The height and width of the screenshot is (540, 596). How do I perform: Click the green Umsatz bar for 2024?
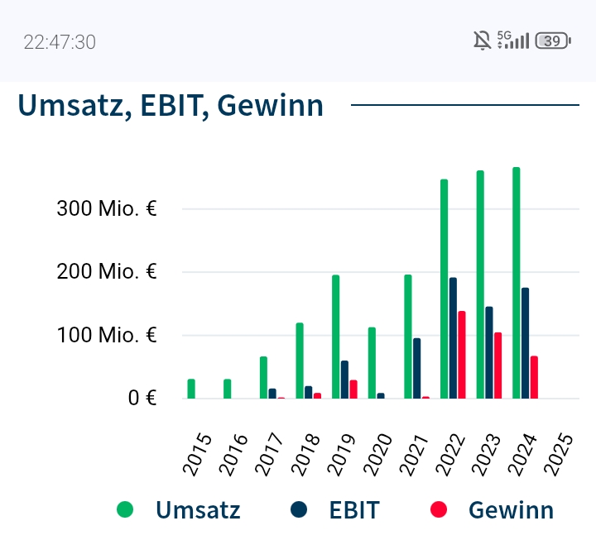click(516, 283)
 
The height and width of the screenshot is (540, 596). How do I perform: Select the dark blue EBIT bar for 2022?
click(453, 338)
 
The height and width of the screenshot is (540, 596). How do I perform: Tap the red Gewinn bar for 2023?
click(497, 366)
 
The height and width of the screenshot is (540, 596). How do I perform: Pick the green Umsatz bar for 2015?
click(191, 389)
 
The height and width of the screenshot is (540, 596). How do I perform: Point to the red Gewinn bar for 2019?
click(353, 389)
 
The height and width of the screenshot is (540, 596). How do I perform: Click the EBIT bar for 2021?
click(416, 368)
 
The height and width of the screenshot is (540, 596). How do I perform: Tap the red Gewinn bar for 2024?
click(534, 377)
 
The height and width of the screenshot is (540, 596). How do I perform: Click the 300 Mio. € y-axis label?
click(107, 208)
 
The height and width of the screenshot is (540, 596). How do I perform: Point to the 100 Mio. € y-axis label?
click(107, 336)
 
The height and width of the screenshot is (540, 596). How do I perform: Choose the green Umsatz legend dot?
click(125, 509)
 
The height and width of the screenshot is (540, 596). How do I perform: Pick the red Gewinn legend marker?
click(439, 509)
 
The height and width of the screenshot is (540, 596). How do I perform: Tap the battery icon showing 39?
click(553, 41)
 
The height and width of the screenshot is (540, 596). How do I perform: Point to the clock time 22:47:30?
click(60, 42)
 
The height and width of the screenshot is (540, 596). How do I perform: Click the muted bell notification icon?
click(481, 41)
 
